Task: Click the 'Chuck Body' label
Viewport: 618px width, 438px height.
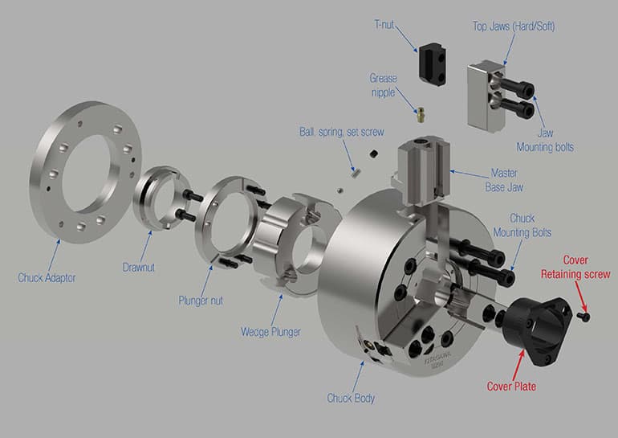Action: [x=351, y=397]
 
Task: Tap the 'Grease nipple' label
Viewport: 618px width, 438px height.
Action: [x=384, y=85]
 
